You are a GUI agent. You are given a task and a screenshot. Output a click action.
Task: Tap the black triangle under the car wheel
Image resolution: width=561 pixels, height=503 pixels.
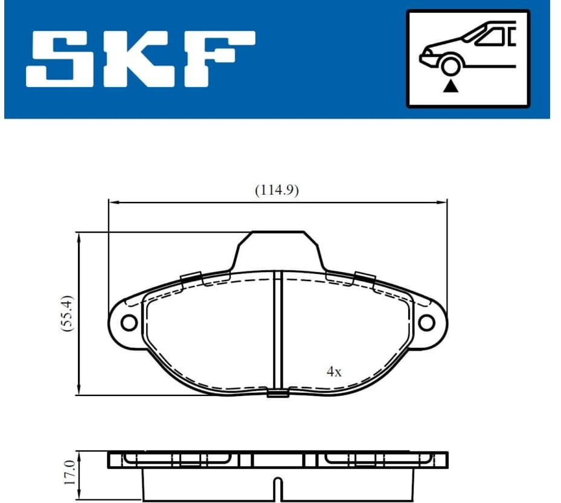[x=451, y=86]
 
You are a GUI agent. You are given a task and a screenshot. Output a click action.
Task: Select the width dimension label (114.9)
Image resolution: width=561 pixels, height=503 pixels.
[x=277, y=190]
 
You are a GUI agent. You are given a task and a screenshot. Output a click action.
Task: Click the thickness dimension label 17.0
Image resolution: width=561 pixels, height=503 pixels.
[x=69, y=473]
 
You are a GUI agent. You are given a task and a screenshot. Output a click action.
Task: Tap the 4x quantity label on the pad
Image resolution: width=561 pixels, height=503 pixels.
[x=334, y=372]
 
